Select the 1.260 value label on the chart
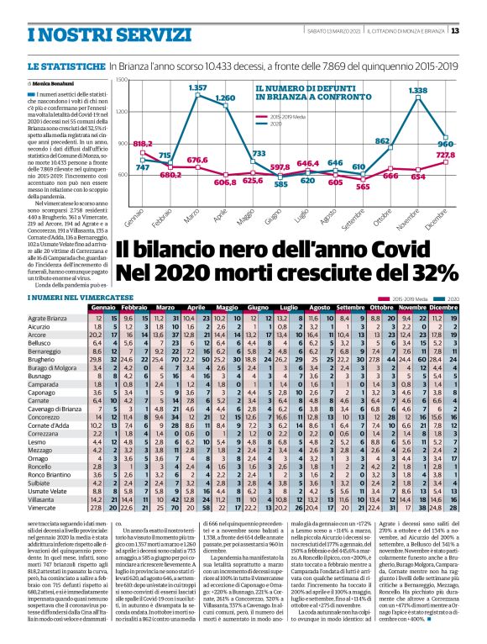pos(225,98)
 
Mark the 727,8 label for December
pos(444,155)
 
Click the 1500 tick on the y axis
pos(122,80)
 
